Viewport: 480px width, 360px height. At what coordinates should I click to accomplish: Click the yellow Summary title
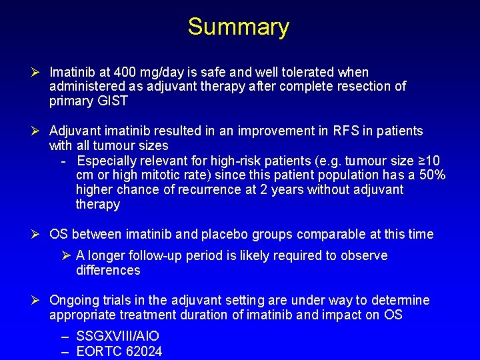coord(239,27)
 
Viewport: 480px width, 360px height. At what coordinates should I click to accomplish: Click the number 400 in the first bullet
coord(125,72)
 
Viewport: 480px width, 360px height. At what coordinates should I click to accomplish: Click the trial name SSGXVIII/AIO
coord(118,337)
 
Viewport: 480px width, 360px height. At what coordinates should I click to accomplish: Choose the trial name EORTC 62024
coord(119,351)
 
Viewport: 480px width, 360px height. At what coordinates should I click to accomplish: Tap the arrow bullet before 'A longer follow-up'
coord(67,256)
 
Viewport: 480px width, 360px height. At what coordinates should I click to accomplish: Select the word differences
coord(108,271)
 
